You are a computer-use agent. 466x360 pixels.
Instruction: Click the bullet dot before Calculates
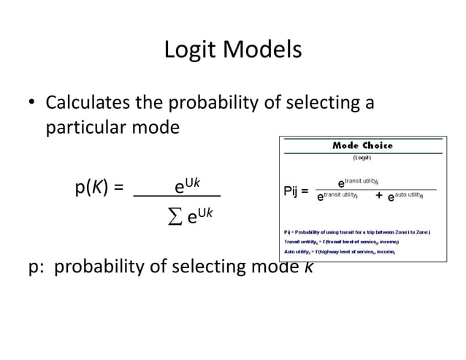coord(32,104)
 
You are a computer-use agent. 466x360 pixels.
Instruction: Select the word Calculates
coord(91,103)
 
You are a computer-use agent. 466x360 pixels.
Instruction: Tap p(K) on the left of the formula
coord(97,188)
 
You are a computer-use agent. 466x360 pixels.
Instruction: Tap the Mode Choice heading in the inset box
coord(362,145)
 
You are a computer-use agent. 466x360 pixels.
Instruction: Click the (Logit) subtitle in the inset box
coord(362,157)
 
